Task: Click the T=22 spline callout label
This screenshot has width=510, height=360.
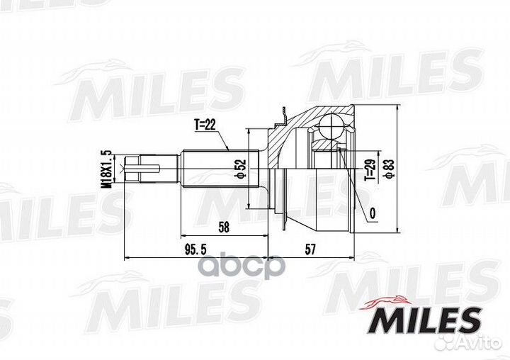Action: tap(205, 125)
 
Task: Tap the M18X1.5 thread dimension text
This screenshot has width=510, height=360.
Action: tap(106, 169)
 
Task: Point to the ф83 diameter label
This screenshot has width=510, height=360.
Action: tap(390, 169)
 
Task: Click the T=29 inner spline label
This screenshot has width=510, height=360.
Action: tap(370, 170)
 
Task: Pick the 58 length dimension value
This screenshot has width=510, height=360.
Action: tap(224, 227)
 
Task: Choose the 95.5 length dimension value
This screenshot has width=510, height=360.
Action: tap(195, 249)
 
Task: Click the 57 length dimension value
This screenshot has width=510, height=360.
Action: tap(310, 249)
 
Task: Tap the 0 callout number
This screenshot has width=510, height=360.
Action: tap(373, 213)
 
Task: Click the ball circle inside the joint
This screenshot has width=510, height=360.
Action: tap(331, 126)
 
